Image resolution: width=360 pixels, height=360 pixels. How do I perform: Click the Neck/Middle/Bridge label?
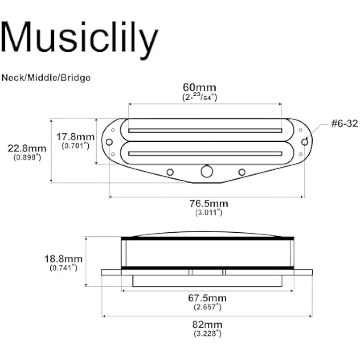click(x=46, y=77)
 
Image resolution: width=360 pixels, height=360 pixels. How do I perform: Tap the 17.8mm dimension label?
click(x=76, y=137)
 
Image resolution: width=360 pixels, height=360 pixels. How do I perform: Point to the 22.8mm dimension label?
click(x=27, y=148)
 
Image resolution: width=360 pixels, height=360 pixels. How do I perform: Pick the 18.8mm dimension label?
click(x=63, y=259)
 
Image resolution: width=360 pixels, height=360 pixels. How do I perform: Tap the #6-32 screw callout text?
click(x=344, y=123)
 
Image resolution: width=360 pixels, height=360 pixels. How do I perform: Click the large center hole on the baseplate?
click(x=207, y=171)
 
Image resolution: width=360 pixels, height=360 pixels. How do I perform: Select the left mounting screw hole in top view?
click(x=109, y=142)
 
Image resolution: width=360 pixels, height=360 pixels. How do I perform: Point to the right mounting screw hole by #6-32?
click(x=305, y=142)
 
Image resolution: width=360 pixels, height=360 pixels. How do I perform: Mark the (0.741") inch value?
click(x=63, y=268)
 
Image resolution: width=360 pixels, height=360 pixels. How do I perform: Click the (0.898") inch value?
click(x=27, y=157)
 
